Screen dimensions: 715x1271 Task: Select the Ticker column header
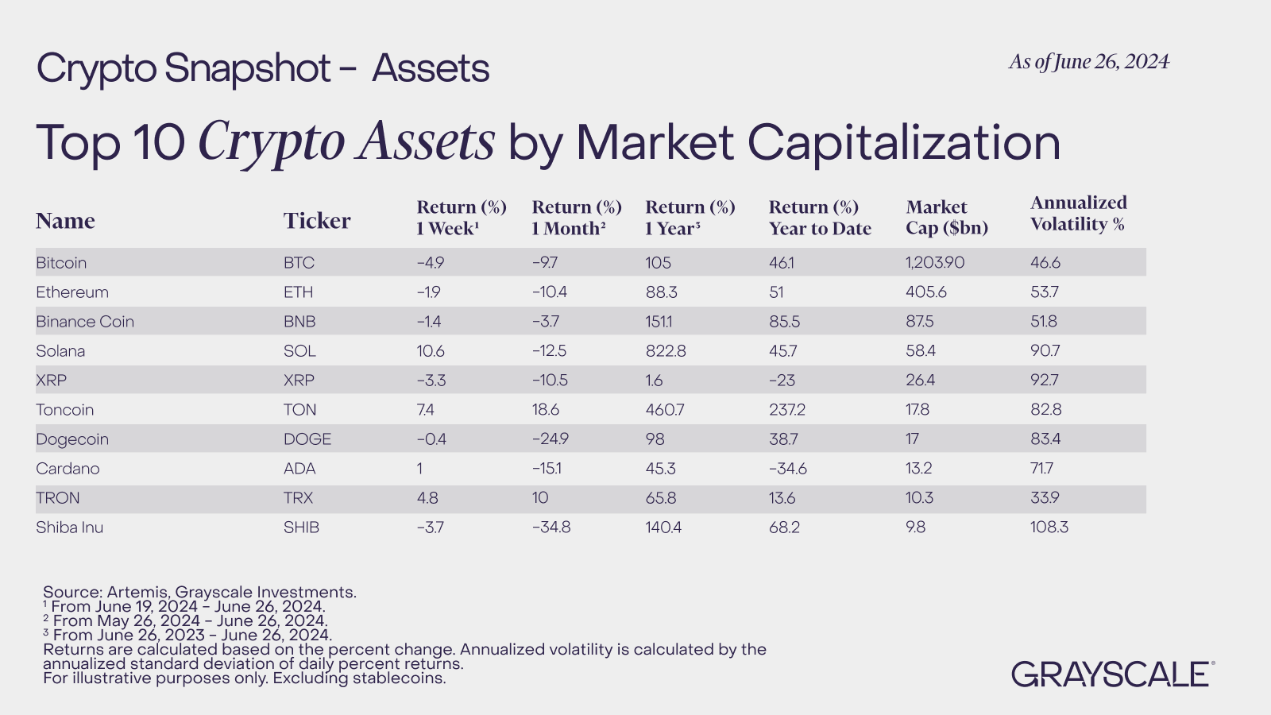pos(317,221)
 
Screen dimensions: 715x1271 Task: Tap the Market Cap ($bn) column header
pos(947,218)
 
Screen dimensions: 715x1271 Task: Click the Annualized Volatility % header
pos(1078,214)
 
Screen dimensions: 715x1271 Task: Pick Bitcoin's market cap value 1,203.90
pos(935,263)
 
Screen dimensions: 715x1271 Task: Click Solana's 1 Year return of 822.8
pos(666,351)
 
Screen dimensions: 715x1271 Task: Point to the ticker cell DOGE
pos(307,439)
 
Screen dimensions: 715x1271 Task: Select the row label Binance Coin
pos(85,322)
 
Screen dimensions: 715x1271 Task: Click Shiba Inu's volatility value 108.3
pos(1049,528)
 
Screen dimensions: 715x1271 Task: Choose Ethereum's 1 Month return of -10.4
pos(550,292)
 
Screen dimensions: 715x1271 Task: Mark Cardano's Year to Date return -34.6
pos(788,469)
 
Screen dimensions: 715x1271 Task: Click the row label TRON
pos(58,498)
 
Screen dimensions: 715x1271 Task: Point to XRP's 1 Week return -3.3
pos(431,381)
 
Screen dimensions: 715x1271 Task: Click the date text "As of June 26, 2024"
pos(1089,62)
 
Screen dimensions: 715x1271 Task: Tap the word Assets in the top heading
pos(431,68)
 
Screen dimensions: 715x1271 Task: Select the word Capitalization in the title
pos(903,143)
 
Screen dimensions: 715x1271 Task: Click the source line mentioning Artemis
pos(199,592)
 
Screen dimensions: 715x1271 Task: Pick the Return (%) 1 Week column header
pos(462,218)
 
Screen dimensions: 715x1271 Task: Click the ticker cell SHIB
pos(301,528)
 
